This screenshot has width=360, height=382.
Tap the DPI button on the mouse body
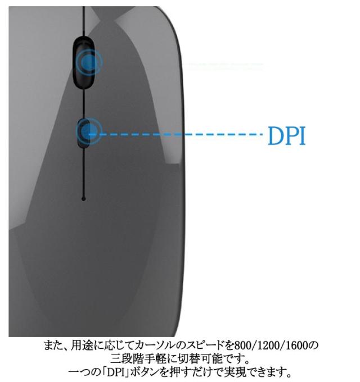pyautogui.click(x=84, y=133)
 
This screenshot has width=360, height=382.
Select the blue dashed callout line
pyautogui.click(x=180, y=134)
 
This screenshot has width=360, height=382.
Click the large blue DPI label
pyautogui.click(x=286, y=135)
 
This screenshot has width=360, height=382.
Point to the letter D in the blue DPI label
pyautogui.click(x=275, y=135)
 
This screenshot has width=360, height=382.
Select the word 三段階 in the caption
pyautogui.click(x=125, y=358)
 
